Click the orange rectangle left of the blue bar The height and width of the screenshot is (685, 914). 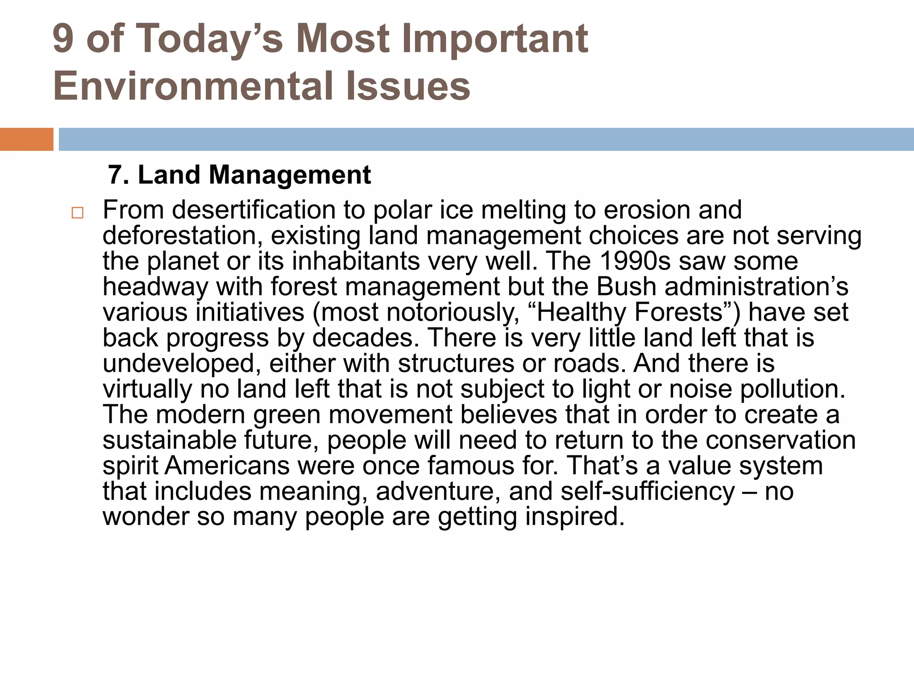coord(26,139)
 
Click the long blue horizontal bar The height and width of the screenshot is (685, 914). coord(486,139)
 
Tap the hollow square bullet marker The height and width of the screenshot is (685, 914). coord(77,213)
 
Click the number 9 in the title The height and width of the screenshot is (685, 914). coord(63,39)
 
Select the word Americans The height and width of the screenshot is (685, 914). coord(227,466)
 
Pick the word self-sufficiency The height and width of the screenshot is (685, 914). coord(647,491)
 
